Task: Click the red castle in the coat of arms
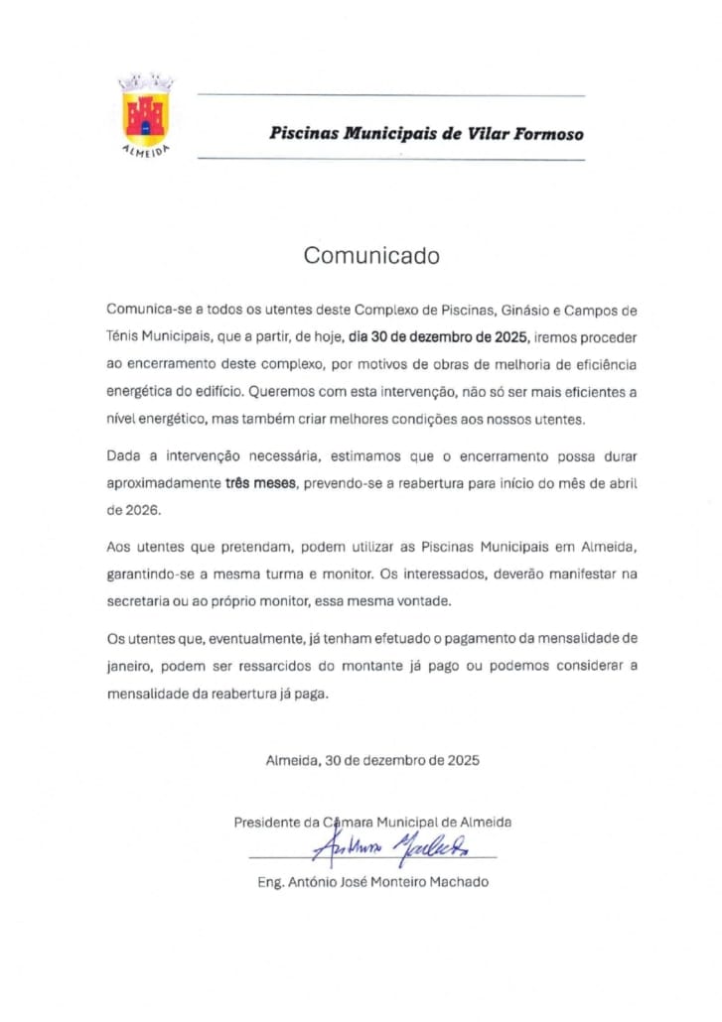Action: point(146,111)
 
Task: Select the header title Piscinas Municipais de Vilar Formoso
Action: point(426,134)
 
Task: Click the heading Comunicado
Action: point(370,255)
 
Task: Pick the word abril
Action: point(622,484)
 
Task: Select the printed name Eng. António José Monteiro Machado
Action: point(372,882)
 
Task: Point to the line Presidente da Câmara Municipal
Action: point(372,822)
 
